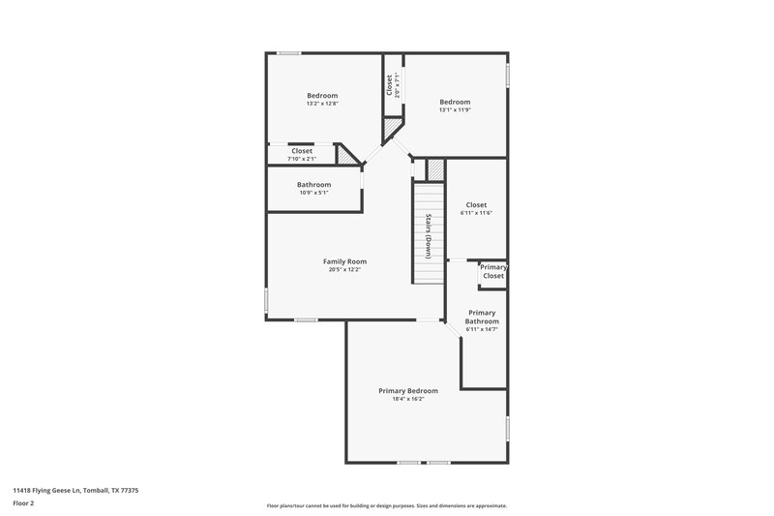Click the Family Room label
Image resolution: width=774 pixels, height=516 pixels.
(x=344, y=261)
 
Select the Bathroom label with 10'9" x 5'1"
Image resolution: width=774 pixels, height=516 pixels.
(x=314, y=185)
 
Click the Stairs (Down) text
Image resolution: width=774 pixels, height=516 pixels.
(x=428, y=235)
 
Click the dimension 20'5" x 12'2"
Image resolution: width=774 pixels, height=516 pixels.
(x=344, y=270)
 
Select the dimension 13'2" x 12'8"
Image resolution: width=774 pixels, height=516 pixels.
(x=322, y=104)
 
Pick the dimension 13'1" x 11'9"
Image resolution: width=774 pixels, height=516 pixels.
(x=455, y=110)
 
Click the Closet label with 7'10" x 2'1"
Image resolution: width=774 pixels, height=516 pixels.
(x=302, y=151)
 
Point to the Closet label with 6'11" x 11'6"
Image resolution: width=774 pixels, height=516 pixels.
(x=476, y=204)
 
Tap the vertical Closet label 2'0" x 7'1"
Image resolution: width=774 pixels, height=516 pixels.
(x=389, y=85)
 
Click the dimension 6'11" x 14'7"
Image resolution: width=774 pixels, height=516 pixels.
(x=481, y=329)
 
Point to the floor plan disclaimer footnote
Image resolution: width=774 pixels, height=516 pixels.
(x=387, y=505)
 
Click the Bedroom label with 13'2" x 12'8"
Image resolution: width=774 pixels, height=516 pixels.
(x=322, y=95)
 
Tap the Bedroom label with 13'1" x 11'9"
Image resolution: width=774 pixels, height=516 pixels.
(x=455, y=102)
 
